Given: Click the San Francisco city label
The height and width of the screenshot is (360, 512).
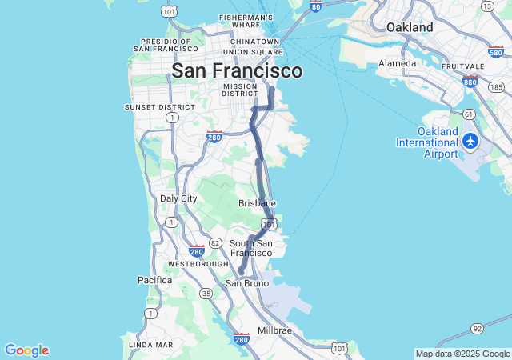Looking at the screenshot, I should pos(238,70).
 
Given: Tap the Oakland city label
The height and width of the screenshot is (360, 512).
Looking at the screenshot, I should pos(410,27).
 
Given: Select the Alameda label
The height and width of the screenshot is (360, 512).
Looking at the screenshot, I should pos(398,63).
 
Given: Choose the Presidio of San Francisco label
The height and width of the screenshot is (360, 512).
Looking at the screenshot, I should pos(166,45).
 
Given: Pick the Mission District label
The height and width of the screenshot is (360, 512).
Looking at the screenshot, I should pos(240,90).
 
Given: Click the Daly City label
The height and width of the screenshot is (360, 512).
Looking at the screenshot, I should pos(178,198).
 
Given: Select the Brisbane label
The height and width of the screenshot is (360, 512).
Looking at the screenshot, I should pos(257,203).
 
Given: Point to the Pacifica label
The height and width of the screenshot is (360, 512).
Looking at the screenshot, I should pos(154,280).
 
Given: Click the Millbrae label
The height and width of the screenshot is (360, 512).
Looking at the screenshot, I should pos(274,330).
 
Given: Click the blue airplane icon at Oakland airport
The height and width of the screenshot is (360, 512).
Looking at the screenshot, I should pos(470,142).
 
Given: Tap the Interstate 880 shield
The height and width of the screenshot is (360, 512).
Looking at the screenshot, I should pos(470,81).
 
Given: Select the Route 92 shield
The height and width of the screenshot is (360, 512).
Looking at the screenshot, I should pos(477,329).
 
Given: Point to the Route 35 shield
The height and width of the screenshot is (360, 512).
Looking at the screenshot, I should pos(206,294).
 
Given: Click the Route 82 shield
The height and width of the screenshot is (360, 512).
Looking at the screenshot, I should pos(214,242).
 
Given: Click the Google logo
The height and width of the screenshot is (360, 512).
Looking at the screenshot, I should pos(26,350).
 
